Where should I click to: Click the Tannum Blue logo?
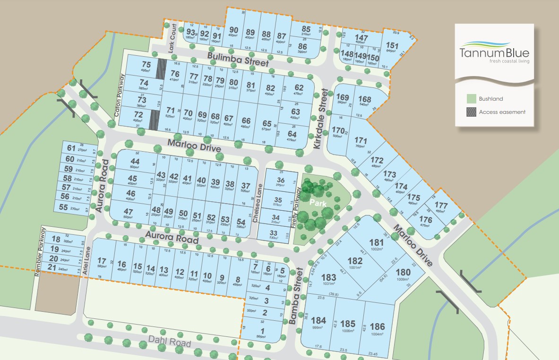[494, 51]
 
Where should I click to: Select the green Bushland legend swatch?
[471, 99]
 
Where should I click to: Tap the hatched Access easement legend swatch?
[471, 112]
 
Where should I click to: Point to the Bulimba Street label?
[239, 60]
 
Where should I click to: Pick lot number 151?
[392, 46]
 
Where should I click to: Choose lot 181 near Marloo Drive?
[376, 243]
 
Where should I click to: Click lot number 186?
[377, 326]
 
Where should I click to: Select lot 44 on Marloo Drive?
[135, 161]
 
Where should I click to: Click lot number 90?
[233, 30]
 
